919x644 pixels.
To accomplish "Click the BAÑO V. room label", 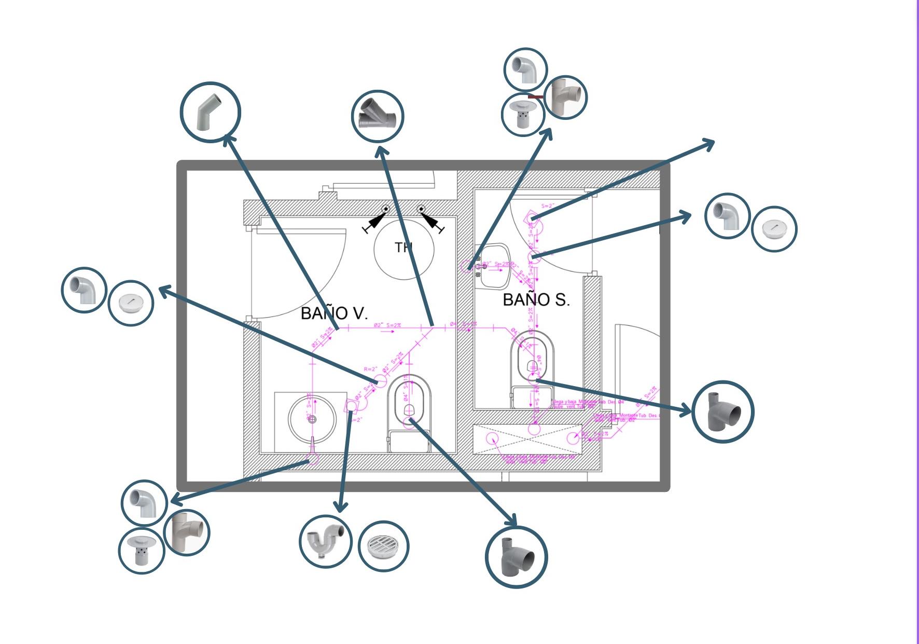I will (x=334, y=313).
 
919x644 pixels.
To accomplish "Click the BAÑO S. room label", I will (x=536, y=299).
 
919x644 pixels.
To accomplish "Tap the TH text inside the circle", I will (x=403, y=247).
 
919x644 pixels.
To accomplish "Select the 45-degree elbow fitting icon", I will (x=210, y=112).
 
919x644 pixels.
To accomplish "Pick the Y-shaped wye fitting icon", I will (x=378, y=116).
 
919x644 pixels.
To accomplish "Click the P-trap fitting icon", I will (x=325, y=541).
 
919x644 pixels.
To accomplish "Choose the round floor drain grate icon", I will (x=383, y=546).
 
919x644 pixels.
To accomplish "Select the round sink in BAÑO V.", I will (x=312, y=418).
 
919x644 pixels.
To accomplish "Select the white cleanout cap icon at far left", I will (x=131, y=303).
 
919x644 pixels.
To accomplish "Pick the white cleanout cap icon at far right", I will (x=774, y=229).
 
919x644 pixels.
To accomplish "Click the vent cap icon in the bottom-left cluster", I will (x=141, y=550).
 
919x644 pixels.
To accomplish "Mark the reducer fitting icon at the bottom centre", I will (x=516, y=557).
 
